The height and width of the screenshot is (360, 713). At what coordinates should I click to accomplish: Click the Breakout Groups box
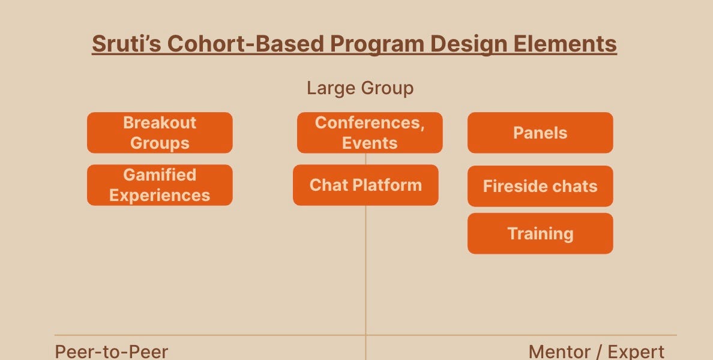pyautogui.click(x=160, y=133)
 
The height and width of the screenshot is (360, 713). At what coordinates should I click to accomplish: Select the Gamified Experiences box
pyautogui.click(x=160, y=185)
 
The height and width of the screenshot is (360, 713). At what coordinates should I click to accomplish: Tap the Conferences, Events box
pyautogui.click(x=370, y=133)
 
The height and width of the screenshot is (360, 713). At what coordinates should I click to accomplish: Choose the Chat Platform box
pyautogui.click(x=366, y=185)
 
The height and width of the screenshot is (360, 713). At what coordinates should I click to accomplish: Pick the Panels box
pyautogui.click(x=540, y=133)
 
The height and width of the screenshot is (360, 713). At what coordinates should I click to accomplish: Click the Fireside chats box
pyautogui.click(x=540, y=186)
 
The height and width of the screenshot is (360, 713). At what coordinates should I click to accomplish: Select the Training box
pyautogui.click(x=540, y=233)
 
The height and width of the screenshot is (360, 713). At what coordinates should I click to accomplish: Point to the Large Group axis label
pyautogui.click(x=360, y=88)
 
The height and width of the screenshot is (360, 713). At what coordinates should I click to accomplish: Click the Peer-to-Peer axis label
pyautogui.click(x=112, y=351)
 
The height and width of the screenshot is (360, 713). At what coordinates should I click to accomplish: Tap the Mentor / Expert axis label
pyautogui.click(x=596, y=351)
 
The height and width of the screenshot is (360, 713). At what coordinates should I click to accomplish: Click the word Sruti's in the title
pyautogui.click(x=125, y=44)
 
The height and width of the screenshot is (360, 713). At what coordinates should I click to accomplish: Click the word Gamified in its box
pyautogui.click(x=160, y=175)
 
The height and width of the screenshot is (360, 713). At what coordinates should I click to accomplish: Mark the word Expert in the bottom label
pyautogui.click(x=636, y=351)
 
